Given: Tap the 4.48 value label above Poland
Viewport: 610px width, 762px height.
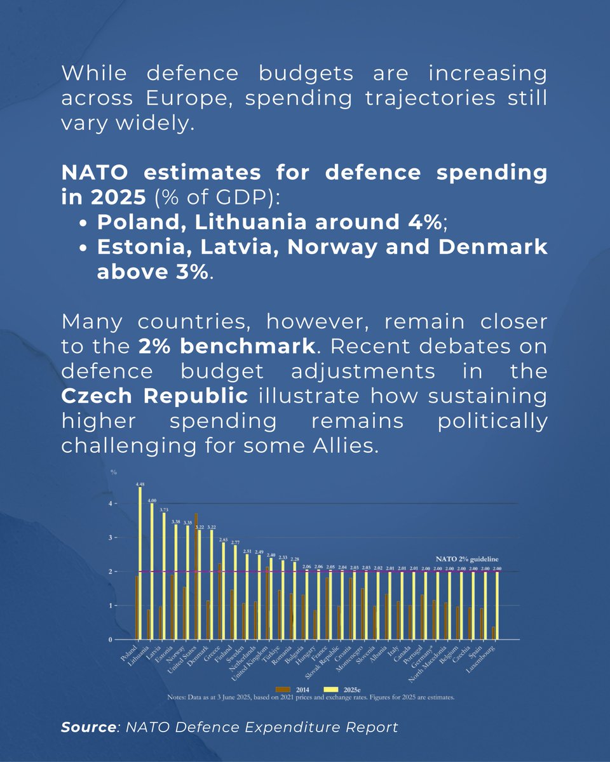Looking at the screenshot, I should point(140,484).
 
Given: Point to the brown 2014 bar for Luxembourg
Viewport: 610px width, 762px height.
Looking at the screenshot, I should point(494,632).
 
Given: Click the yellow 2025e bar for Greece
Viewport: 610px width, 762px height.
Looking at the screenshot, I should point(222,591).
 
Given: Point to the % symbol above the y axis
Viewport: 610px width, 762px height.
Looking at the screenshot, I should point(114,472).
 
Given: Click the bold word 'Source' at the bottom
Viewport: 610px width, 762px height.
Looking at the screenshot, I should point(86,727).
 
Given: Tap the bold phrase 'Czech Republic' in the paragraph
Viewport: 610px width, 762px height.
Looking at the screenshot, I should point(154,395).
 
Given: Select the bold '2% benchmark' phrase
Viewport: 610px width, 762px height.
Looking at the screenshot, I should point(226,346).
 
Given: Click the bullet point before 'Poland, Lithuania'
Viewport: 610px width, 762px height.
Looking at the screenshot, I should point(87,224).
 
